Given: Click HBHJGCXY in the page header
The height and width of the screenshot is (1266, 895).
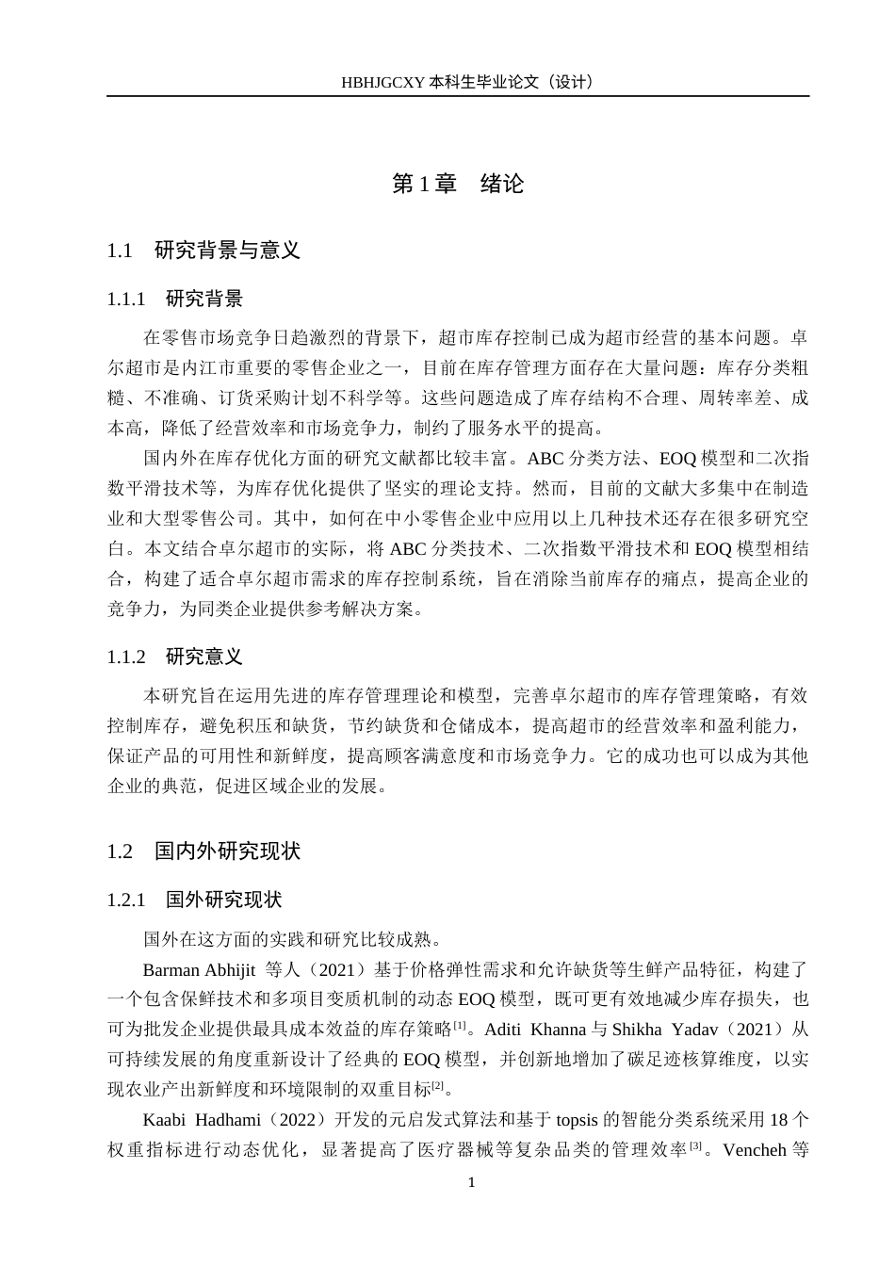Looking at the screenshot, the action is coord(382,82).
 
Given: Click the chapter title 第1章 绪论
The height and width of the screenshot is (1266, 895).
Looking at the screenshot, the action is coord(458,184).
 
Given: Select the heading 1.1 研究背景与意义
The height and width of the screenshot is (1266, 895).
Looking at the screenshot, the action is coord(203,251).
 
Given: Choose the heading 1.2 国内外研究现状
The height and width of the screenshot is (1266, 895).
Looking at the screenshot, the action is coord(203,852).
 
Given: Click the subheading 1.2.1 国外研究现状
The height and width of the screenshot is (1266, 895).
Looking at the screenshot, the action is coord(194,901).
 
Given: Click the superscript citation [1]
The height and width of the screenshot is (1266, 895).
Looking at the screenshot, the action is coord(460,1025).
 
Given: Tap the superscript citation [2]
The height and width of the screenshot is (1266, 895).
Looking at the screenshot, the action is coord(437,1085).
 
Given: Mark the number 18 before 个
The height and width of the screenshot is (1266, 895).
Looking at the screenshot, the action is coord(779,1120).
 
